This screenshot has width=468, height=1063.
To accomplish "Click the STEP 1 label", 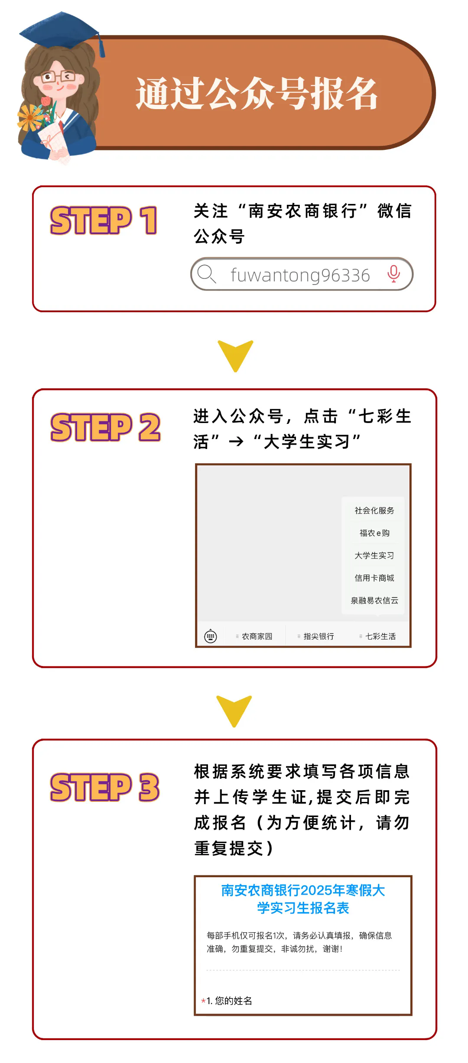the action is (x=104, y=220).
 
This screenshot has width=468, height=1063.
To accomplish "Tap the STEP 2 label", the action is (x=105, y=427).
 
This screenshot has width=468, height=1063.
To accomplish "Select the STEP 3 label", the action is (x=105, y=787).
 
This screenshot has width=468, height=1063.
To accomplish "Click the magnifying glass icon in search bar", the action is (x=206, y=274).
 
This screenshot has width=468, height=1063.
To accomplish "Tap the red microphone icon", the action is (x=393, y=274).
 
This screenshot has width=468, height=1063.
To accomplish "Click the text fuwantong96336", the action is (x=300, y=275).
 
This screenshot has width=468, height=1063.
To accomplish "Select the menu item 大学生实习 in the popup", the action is (x=374, y=556).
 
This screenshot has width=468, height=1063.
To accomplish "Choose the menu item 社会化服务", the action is (x=374, y=510).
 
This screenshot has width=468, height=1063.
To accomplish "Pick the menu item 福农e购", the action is (x=374, y=533).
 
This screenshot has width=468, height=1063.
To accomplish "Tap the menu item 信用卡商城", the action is (x=374, y=578).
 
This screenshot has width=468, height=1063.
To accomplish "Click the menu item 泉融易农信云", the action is (x=374, y=601).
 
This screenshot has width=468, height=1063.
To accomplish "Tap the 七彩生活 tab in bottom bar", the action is (x=378, y=636).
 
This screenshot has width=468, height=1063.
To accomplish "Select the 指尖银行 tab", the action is (x=316, y=636).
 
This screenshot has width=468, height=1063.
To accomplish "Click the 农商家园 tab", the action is (x=254, y=636).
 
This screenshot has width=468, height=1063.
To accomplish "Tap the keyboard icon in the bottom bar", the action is (x=211, y=636).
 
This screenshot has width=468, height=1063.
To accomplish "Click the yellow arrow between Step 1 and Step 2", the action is (x=235, y=354).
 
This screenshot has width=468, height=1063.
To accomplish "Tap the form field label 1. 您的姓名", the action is (x=229, y=1001).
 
